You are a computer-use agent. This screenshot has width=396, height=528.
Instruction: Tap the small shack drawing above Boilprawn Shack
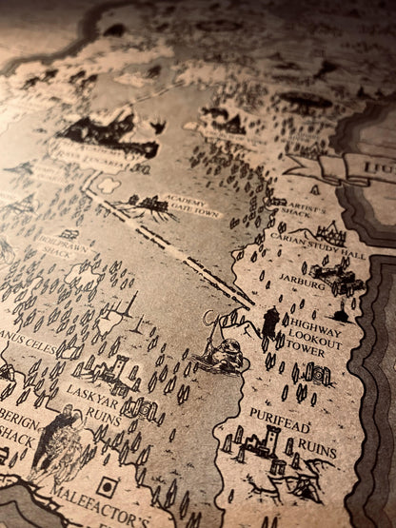[69, 233]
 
